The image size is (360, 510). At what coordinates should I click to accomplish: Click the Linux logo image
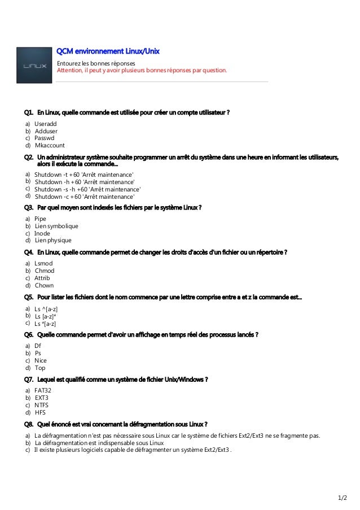[34, 66]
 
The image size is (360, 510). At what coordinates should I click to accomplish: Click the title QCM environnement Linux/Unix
[107, 51]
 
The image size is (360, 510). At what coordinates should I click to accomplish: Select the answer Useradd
[46, 124]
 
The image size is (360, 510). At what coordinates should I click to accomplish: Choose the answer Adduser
[46, 131]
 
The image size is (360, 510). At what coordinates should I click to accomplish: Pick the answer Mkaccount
[50, 145]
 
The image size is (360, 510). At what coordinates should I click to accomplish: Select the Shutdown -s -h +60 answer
[87, 190]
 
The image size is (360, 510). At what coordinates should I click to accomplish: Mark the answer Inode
[42, 233]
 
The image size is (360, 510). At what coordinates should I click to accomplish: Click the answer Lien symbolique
[56, 226]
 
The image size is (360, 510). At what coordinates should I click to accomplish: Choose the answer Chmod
[45, 271]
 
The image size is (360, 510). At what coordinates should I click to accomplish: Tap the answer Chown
[45, 285]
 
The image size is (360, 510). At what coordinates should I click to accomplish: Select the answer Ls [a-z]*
[49, 316]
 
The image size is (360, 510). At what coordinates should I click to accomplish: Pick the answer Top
[40, 368]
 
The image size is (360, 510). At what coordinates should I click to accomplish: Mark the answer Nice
[41, 360]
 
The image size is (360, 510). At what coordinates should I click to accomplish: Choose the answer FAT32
[43, 390]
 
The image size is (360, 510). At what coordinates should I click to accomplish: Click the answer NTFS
[42, 405]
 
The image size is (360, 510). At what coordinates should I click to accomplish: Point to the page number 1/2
[343, 498]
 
